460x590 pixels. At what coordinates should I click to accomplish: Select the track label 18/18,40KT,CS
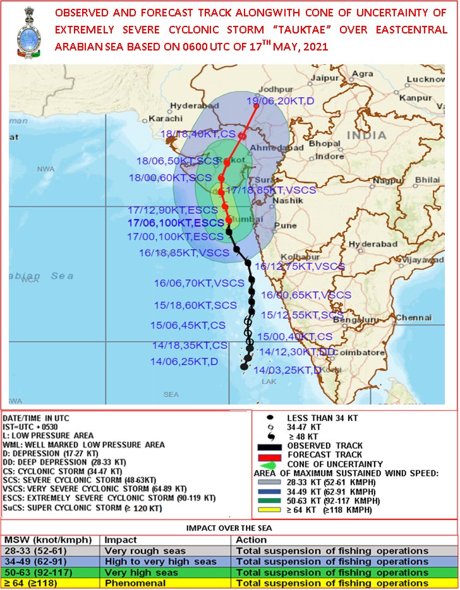[x=198, y=134]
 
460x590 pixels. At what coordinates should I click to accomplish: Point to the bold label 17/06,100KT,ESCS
[x=175, y=223]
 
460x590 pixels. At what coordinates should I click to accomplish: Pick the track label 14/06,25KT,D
[x=184, y=362]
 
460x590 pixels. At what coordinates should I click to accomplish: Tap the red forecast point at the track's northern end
[x=256, y=106]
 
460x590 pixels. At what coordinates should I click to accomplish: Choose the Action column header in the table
[x=251, y=540]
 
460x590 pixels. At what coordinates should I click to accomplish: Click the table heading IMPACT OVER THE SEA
[x=229, y=528]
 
